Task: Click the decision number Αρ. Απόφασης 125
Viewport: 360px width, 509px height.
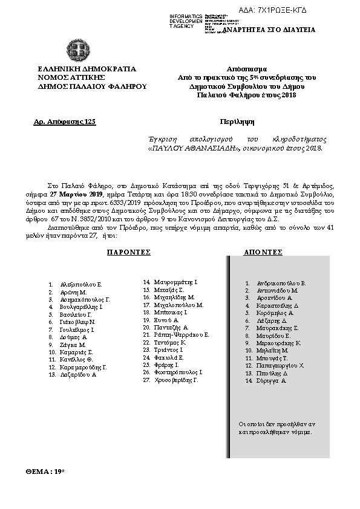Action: coord(65,122)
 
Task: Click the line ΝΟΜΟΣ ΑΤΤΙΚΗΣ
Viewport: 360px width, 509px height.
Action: coord(71,78)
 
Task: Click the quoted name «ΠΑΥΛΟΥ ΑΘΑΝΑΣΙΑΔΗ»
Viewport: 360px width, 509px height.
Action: coord(189,148)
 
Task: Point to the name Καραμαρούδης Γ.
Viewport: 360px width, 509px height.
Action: coord(83,366)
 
